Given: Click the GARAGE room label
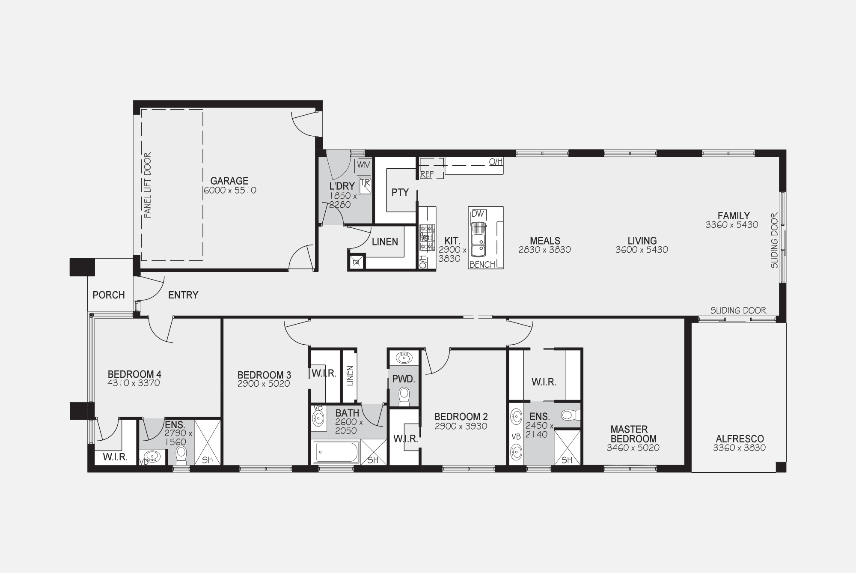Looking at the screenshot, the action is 229,181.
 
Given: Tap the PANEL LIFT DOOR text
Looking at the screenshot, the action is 148,185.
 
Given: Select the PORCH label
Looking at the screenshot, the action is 109,295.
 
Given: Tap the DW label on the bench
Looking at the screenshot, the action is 478,213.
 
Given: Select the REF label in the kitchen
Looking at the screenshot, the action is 427,174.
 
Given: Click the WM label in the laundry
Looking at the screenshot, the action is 364,165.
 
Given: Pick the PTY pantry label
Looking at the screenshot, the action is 400,193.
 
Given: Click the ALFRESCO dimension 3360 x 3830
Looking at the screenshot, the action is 739,448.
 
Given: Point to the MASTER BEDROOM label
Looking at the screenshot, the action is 633,434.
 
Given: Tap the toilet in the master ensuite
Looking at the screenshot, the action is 570,415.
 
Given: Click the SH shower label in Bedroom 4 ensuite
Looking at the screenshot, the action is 207,460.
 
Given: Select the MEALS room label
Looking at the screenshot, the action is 545,241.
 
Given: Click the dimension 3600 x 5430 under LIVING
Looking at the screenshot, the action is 642,250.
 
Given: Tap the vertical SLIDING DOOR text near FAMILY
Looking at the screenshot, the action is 774,241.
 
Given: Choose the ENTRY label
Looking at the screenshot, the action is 183,295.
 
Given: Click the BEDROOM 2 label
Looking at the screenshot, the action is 461,417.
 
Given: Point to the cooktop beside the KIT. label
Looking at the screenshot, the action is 426,237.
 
